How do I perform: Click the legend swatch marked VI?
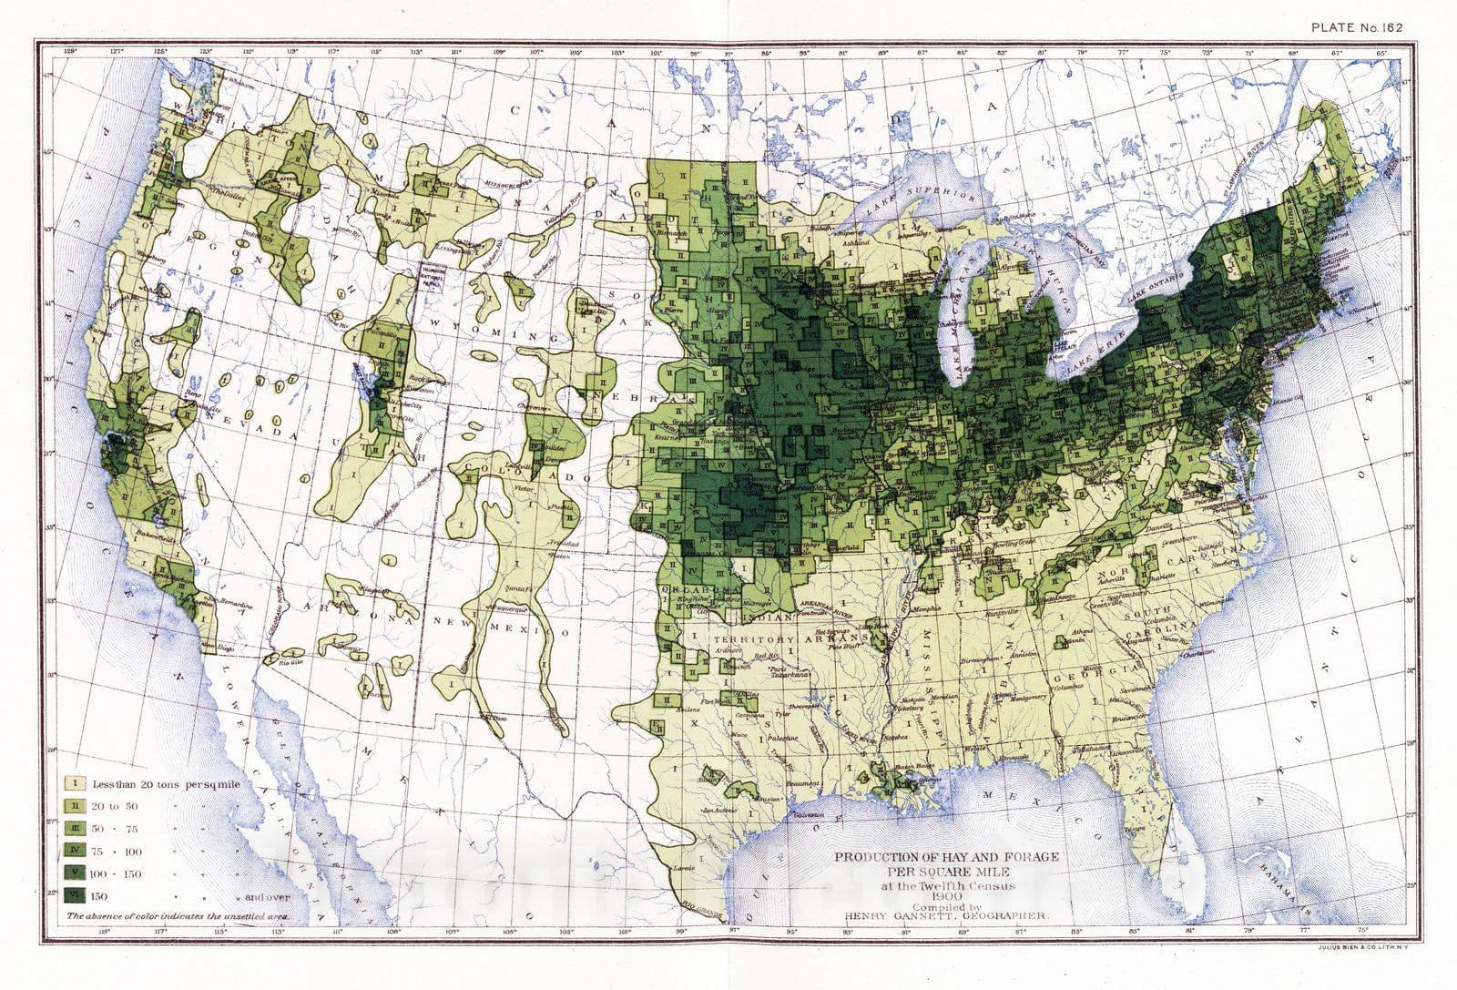tap(75, 896)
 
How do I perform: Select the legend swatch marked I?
tap(75, 783)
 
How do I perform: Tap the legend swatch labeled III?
tap(75, 829)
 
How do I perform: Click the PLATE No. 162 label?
tap(1357, 26)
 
